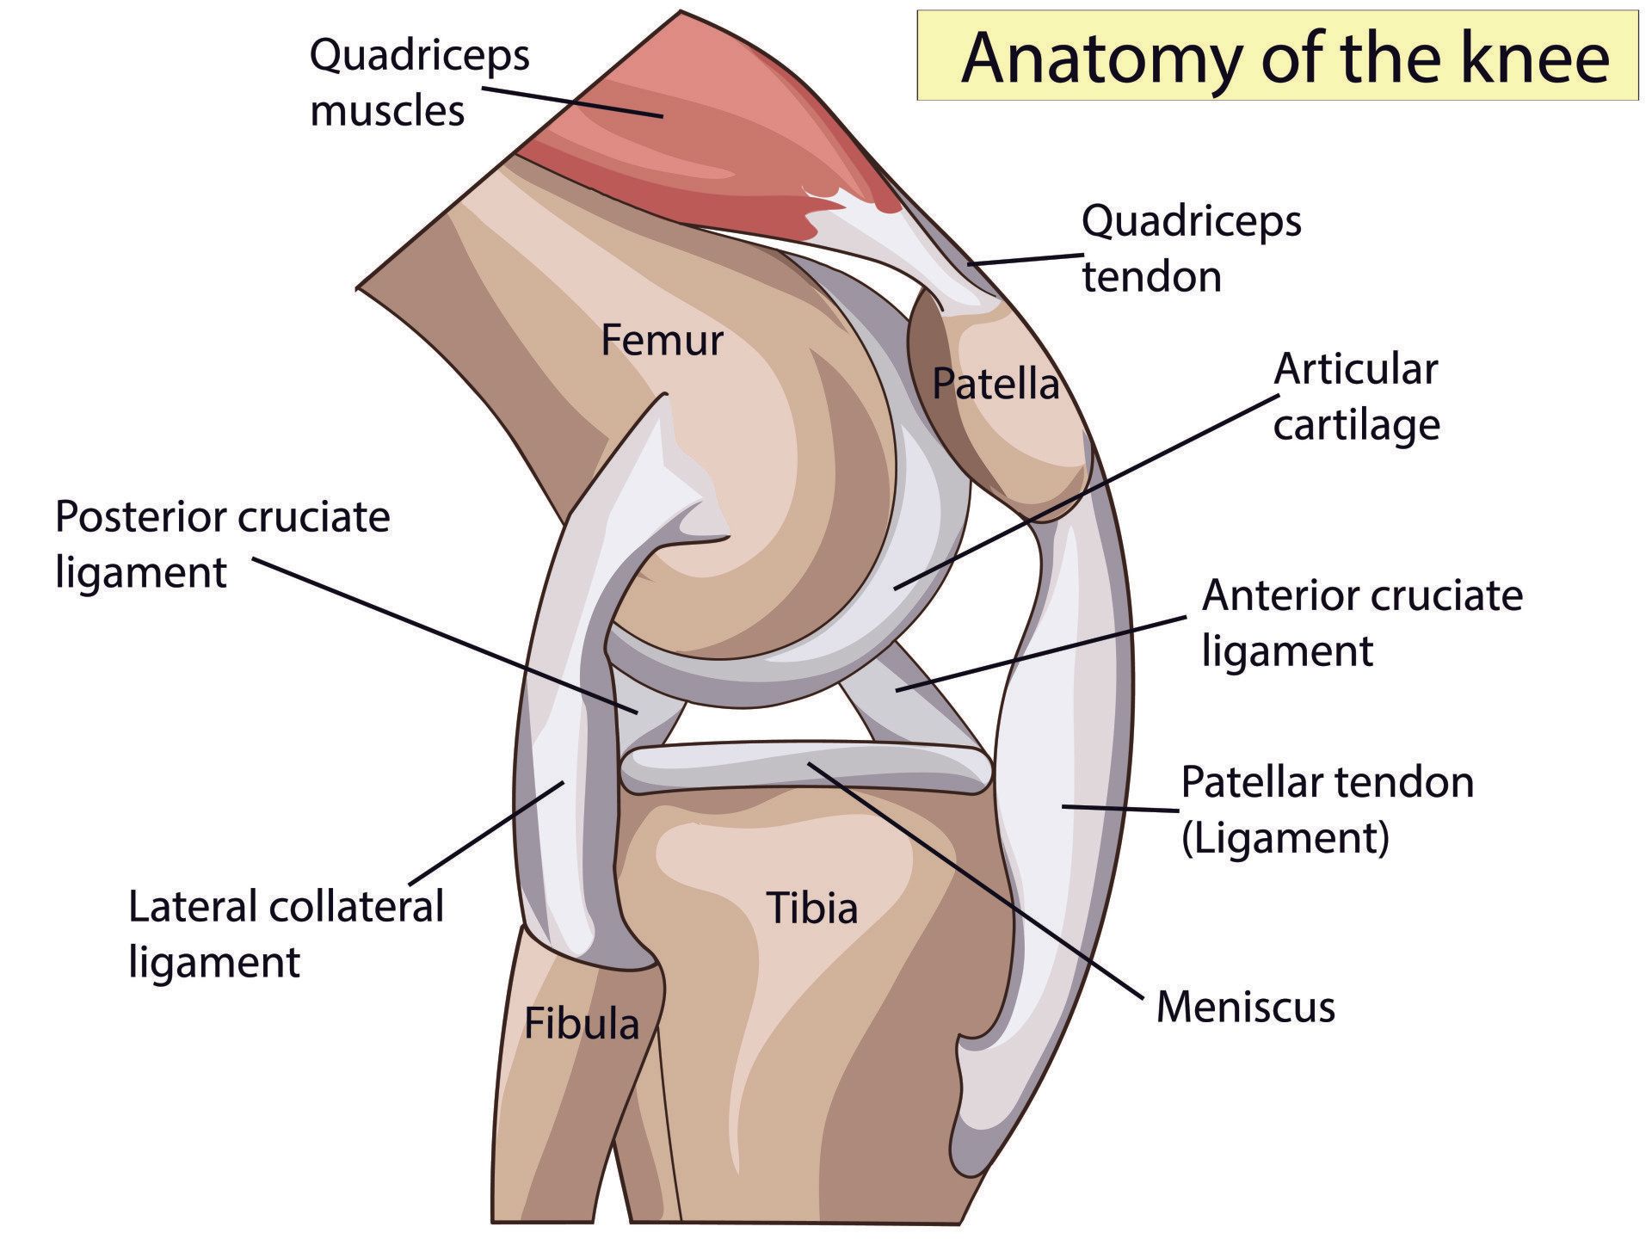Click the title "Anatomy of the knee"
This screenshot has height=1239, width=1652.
1285,58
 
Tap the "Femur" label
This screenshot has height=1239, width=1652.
662,340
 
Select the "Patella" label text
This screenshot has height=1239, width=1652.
996,384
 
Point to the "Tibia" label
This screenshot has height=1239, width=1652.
812,909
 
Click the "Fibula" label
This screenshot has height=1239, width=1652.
582,1024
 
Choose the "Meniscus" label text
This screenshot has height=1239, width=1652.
1245,1006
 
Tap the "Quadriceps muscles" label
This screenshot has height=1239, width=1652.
419,83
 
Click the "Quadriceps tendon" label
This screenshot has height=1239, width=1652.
1192,249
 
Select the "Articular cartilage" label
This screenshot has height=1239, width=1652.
1356,397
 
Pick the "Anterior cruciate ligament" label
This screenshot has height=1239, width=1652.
1362,622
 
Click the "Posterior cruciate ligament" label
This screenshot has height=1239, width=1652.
222,545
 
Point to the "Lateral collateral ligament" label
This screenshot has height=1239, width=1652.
286,934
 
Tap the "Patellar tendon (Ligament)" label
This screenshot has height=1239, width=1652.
1327,810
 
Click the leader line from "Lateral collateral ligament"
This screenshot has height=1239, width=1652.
486,832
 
